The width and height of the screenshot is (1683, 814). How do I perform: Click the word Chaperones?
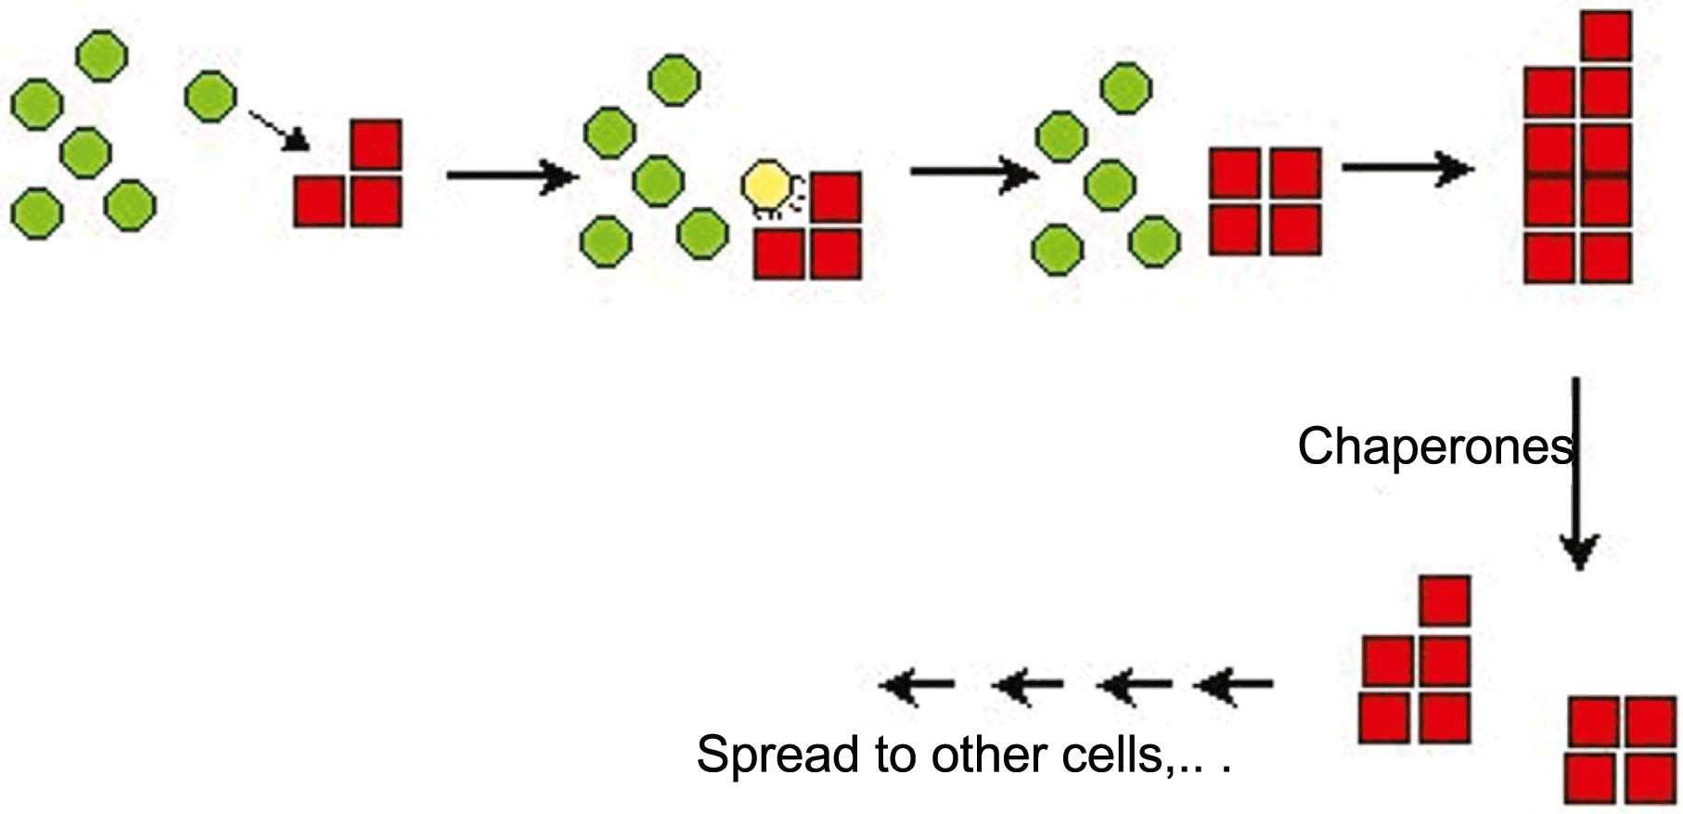[x=1434, y=446]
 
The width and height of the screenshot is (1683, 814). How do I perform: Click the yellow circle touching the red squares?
[x=768, y=187]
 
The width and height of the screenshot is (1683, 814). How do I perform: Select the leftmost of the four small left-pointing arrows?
[x=916, y=686]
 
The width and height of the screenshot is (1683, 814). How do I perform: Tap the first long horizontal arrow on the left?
[x=510, y=174]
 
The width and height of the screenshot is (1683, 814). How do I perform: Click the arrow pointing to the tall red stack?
[x=1407, y=168]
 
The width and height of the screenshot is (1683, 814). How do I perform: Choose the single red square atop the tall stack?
[x=1606, y=36]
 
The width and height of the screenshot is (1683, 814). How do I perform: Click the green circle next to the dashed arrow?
[x=211, y=96]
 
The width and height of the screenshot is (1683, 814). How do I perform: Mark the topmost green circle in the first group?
[x=101, y=56]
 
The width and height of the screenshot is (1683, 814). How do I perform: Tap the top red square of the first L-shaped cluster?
[x=376, y=145]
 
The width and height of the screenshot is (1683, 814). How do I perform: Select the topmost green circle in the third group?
[x=1126, y=88]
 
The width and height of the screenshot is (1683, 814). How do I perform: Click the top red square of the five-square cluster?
[x=1445, y=601]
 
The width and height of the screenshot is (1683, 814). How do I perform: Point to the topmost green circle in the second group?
[x=674, y=80]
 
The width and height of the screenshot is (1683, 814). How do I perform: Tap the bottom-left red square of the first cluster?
[x=319, y=202]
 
